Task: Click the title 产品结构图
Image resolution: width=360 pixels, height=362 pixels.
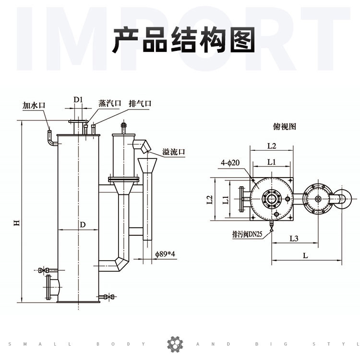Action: point(183,39)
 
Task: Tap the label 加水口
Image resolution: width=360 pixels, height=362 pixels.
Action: point(34,105)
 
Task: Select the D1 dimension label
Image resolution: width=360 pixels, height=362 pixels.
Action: point(78,100)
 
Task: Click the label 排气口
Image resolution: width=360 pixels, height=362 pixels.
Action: point(140,103)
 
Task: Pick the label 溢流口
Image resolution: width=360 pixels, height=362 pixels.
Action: point(173,152)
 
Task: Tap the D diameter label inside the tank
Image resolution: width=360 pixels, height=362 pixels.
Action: point(83,224)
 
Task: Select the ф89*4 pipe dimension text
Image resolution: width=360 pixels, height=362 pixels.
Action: point(165,254)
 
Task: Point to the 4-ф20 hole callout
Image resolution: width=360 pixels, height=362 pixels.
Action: point(230,163)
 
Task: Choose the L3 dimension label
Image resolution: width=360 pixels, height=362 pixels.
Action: point(294,239)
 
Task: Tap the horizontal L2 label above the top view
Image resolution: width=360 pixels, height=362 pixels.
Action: point(272,145)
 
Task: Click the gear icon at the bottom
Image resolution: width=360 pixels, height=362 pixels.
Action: point(175,344)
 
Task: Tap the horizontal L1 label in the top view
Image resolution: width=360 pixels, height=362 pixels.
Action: point(272,162)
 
